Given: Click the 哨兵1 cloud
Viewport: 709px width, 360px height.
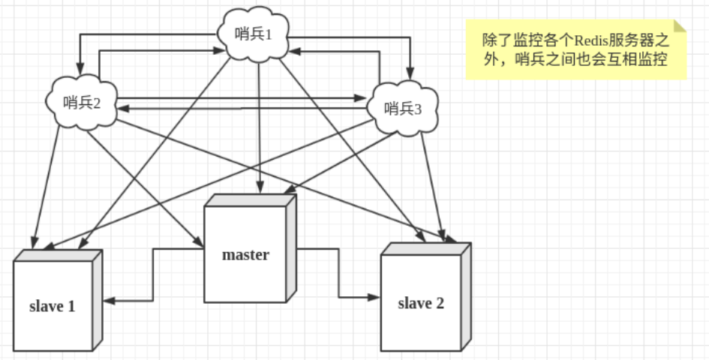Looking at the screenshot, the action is [254, 34].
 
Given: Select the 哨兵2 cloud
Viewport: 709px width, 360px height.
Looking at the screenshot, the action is [82, 103].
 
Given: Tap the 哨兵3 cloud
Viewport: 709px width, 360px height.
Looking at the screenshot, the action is [402, 108].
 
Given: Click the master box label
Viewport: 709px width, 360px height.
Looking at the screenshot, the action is [245, 254].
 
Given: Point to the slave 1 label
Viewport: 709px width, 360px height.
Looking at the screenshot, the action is [52, 307].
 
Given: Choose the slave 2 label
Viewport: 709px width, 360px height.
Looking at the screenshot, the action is [421, 304].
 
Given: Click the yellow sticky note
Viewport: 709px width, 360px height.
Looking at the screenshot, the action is [576, 49].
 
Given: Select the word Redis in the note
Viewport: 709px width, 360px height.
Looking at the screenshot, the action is [592, 41].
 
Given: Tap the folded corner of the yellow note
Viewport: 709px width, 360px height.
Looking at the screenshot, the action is [680, 25].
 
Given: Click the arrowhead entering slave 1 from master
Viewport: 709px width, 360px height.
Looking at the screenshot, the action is [109, 301].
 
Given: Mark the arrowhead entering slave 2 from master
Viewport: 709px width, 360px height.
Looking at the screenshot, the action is [373, 297].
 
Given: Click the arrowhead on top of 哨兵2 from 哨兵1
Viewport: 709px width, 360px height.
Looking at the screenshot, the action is [80, 69].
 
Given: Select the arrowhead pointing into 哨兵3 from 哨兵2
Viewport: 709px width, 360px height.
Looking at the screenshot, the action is [360, 97].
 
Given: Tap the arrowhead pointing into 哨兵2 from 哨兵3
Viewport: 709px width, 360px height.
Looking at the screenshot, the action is [124, 109].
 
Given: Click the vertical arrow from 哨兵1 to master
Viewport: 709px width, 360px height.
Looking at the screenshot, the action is [259, 127].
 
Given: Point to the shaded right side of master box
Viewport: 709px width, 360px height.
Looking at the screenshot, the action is [292, 248].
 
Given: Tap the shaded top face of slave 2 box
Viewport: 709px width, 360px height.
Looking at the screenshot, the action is [426, 249].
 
